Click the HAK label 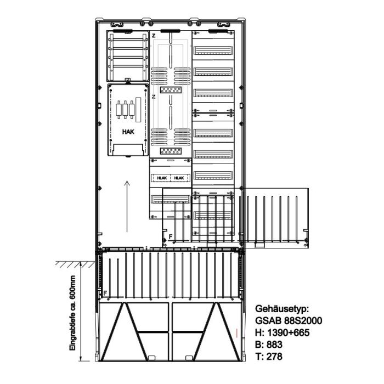(128, 132)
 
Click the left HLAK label (162, 178)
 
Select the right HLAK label (179, 178)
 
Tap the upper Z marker (154, 36)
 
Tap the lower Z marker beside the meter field (154, 97)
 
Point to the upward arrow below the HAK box (127, 206)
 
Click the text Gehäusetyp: (282, 309)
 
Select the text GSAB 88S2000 (289, 320)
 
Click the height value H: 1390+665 (282, 332)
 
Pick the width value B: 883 (269, 345)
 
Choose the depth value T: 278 (269, 357)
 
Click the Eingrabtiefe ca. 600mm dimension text (72, 313)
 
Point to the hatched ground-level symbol (75, 264)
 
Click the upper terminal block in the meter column (171, 90)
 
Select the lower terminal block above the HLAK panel (171, 151)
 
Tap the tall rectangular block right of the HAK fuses (138, 110)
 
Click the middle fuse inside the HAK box (125, 110)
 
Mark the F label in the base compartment (105, 293)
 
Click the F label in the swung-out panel (171, 236)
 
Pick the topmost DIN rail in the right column (213, 50)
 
